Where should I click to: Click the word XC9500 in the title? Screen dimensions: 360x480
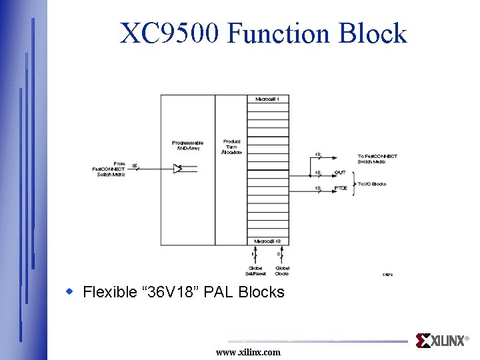[x=169, y=33]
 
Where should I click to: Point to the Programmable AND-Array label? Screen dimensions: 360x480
[x=187, y=145]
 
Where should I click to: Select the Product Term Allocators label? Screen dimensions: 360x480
[x=232, y=147]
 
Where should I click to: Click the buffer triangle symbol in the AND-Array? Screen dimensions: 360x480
[x=177, y=169]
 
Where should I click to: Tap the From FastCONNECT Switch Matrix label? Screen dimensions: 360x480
[x=109, y=169]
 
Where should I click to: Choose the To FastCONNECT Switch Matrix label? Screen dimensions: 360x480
[x=377, y=159]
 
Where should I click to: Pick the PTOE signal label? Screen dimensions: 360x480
[x=341, y=189]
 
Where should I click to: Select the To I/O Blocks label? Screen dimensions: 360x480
[x=372, y=183]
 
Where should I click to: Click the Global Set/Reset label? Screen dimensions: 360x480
[x=255, y=271]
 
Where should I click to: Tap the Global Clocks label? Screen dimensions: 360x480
[x=282, y=271]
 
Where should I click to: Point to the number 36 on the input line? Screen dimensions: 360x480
[x=135, y=165]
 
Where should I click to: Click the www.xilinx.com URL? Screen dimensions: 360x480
[x=248, y=352]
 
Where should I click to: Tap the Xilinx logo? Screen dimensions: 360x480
[x=441, y=341]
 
